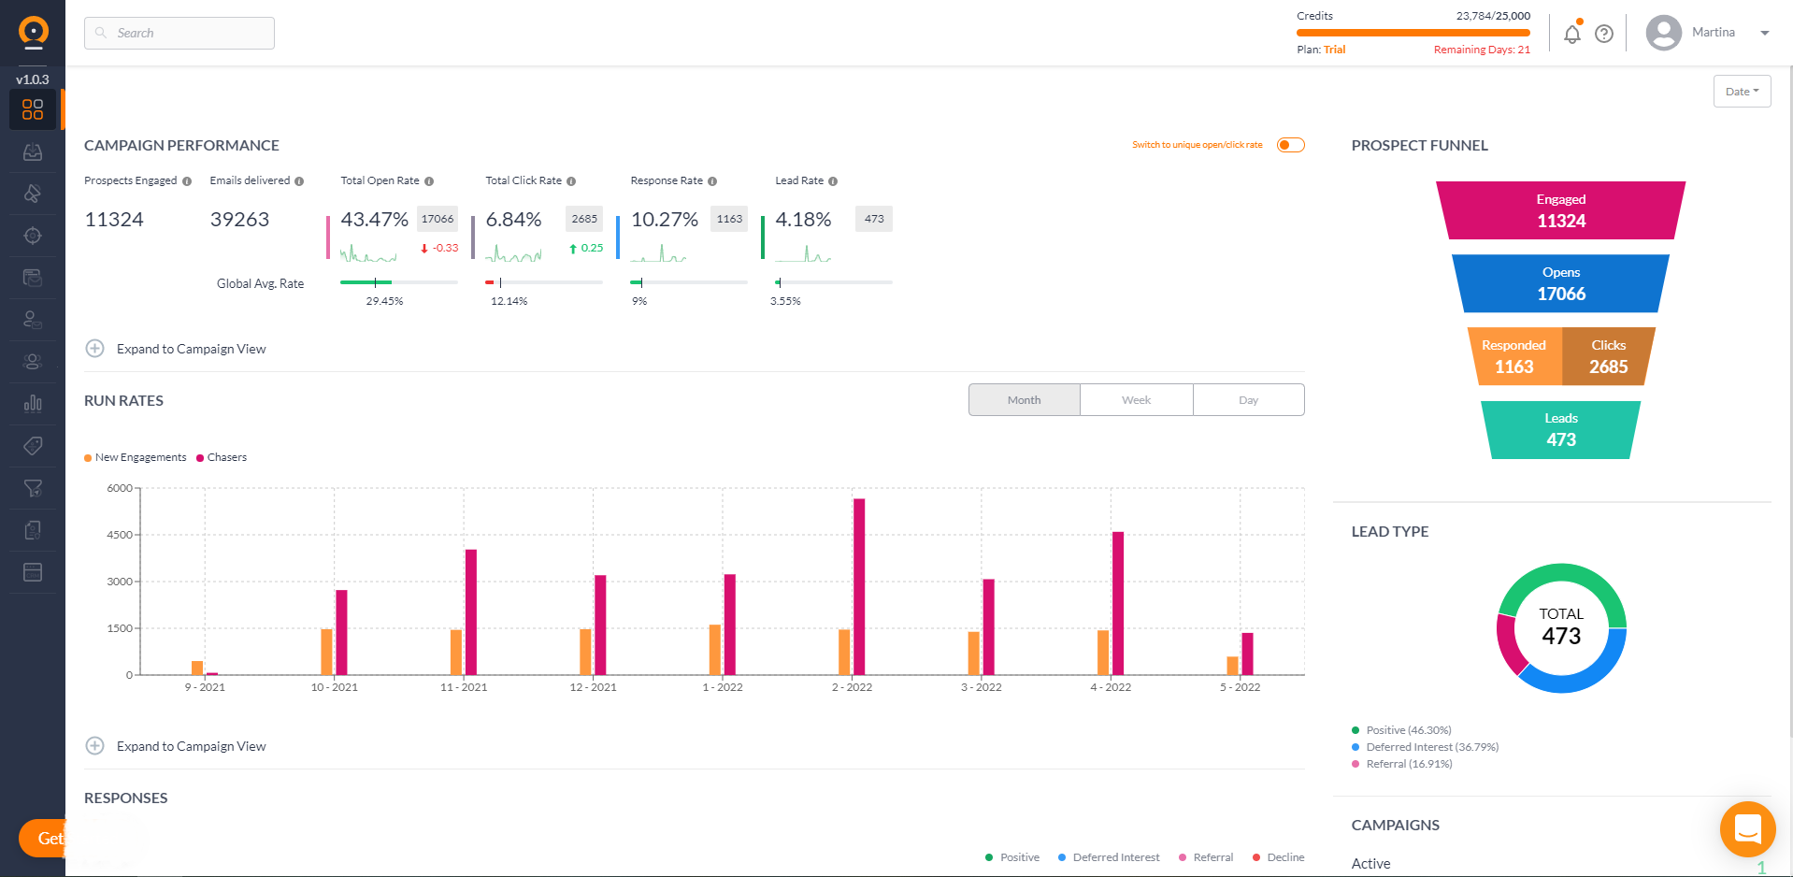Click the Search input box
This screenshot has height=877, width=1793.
[179, 33]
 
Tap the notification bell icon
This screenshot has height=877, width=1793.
[1571, 35]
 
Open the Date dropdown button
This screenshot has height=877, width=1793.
[1742, 92]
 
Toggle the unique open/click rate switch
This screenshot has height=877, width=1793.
[1290, 145]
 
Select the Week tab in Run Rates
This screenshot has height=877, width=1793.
[1136, 400]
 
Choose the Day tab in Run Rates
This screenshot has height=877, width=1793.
[1248, 400]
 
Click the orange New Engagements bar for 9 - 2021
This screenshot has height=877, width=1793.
[197, 668]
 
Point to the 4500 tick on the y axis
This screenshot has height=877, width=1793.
[120, 535]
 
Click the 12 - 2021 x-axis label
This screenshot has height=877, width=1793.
[593, 687]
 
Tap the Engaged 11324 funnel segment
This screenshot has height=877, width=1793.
[1560, 211]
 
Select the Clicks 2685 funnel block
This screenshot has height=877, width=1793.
[1608, 357]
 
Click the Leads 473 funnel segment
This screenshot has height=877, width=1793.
[1560, 430]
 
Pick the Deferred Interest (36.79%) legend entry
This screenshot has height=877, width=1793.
[1430, 747]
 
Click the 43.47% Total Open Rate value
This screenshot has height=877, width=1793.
[374, 220]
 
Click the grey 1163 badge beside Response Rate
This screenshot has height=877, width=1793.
[729, 219]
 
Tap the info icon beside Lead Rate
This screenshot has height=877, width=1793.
[833, 181]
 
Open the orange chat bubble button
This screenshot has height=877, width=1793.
[1747, 828]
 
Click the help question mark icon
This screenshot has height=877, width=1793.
[1604, 35]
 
